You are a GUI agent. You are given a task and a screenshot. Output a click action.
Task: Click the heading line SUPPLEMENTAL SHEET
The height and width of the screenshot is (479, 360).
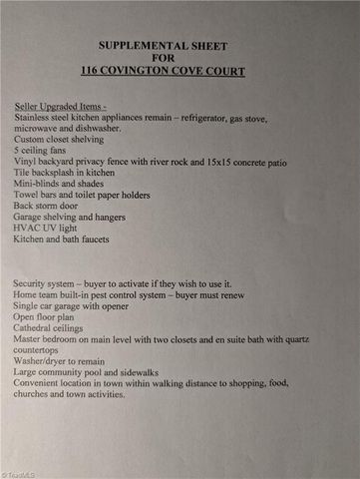[179, 46]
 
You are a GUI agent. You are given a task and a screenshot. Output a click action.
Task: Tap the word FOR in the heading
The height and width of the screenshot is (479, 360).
[179, 59]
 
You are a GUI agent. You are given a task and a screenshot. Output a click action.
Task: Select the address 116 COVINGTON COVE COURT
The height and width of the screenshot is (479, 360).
[179, 73]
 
